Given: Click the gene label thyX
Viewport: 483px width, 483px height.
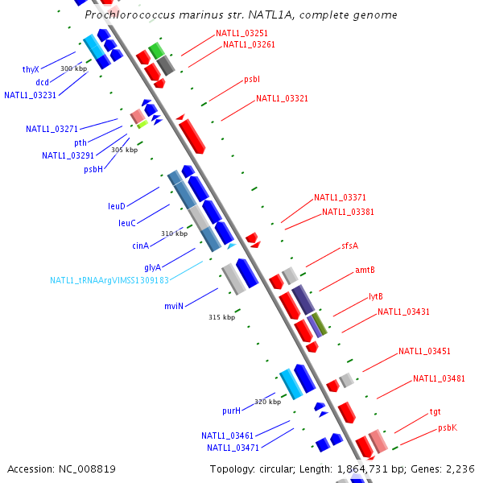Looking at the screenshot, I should pos(31,69).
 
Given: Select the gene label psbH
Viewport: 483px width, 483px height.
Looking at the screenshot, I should pos(93,169).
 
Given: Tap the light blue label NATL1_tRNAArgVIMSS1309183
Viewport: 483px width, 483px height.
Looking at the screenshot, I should pos(109,280).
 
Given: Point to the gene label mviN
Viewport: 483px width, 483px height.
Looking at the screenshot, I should pos(175,306).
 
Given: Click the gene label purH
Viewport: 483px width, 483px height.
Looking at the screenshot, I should pos(232,411).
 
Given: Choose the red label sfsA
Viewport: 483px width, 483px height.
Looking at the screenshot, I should pos(349,246).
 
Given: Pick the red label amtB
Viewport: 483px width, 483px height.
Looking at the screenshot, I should pos(365,270).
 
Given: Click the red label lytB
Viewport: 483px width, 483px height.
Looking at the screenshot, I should pos(376,296).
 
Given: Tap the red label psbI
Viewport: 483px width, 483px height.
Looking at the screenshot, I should pos(251,80).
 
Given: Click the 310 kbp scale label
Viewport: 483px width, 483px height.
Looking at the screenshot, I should pos(174,233).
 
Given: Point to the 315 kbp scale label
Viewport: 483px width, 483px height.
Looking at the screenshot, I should pos(221,317).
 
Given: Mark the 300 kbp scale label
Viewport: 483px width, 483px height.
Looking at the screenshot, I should pos(73,68).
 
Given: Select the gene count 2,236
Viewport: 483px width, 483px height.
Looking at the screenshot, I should pos(461,469).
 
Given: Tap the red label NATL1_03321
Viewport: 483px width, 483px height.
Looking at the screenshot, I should pos(282,98).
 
